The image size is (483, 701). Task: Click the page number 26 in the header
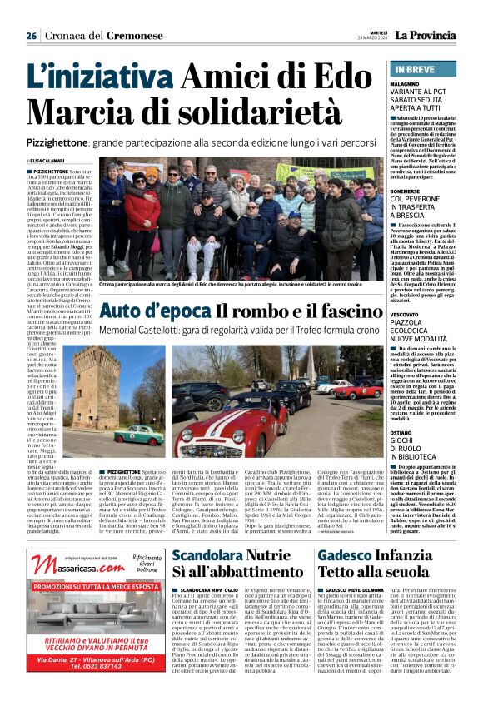(x=31, y=36)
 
